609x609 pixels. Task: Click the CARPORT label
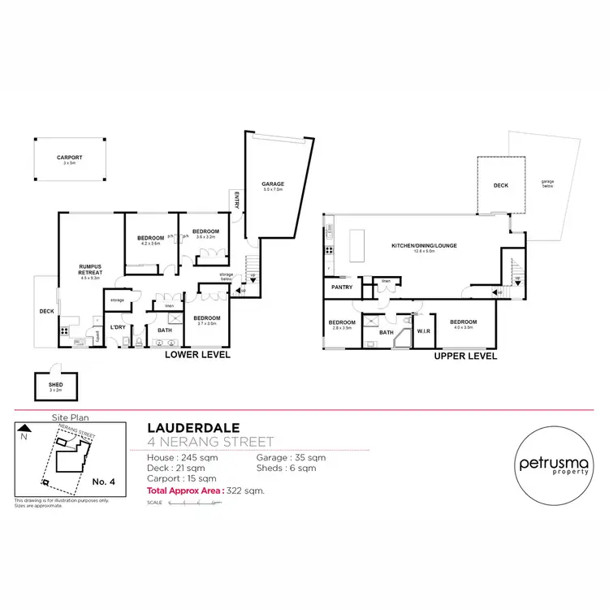click(70, 158)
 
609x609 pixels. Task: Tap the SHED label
click(55, 385)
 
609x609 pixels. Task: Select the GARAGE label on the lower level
click(272, 184)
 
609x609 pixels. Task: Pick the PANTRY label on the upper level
click(341, 287)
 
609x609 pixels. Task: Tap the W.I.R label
click(423, 330)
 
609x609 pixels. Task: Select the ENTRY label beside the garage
click(236, 199)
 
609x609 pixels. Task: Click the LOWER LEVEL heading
click(198, 356)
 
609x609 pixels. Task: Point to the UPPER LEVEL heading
click(465, 356)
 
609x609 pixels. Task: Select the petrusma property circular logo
click(552, 464)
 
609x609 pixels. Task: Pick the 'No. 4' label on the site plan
click(104, 482)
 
